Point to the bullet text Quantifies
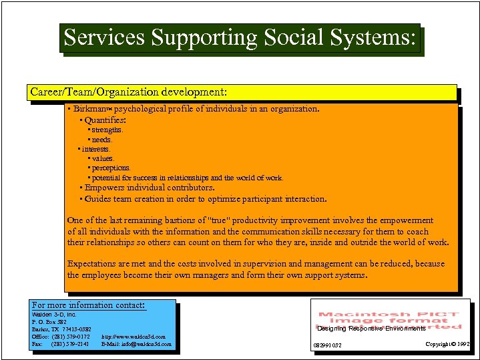(105, 120)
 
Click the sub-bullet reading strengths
(107, 130)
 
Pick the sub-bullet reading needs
(102, 140)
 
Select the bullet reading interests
(96, 150)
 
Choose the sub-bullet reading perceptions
(111, 168)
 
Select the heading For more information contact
(89, 305)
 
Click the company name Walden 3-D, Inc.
(54, 314)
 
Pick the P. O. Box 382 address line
(49, 322)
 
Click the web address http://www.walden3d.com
(134, 337)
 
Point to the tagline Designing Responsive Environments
(371, 329)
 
